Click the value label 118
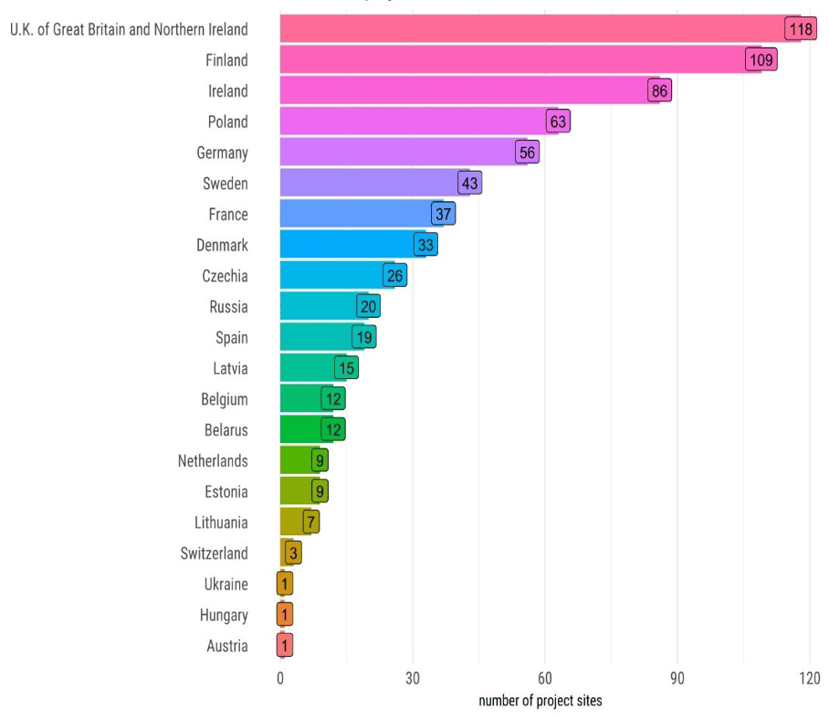(x=801, y=29)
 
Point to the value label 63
(x=558, y=121)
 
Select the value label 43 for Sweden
(x=469, y=184)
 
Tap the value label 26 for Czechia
(x=394, y=276)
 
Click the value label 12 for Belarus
(x=333, y=430)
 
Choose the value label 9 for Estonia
(x=320, y=491)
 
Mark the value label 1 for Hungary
(x=285, y=616)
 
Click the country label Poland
(x=227, y=122)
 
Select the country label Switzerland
(x=214, y=554)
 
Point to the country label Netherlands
(x=213, y=461)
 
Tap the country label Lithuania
(x=221, y=523)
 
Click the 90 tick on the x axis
(x=677, y=680)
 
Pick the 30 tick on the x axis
(x=413, y=680)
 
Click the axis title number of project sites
(x=540, y=702)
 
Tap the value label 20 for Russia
(x=368, y=307)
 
